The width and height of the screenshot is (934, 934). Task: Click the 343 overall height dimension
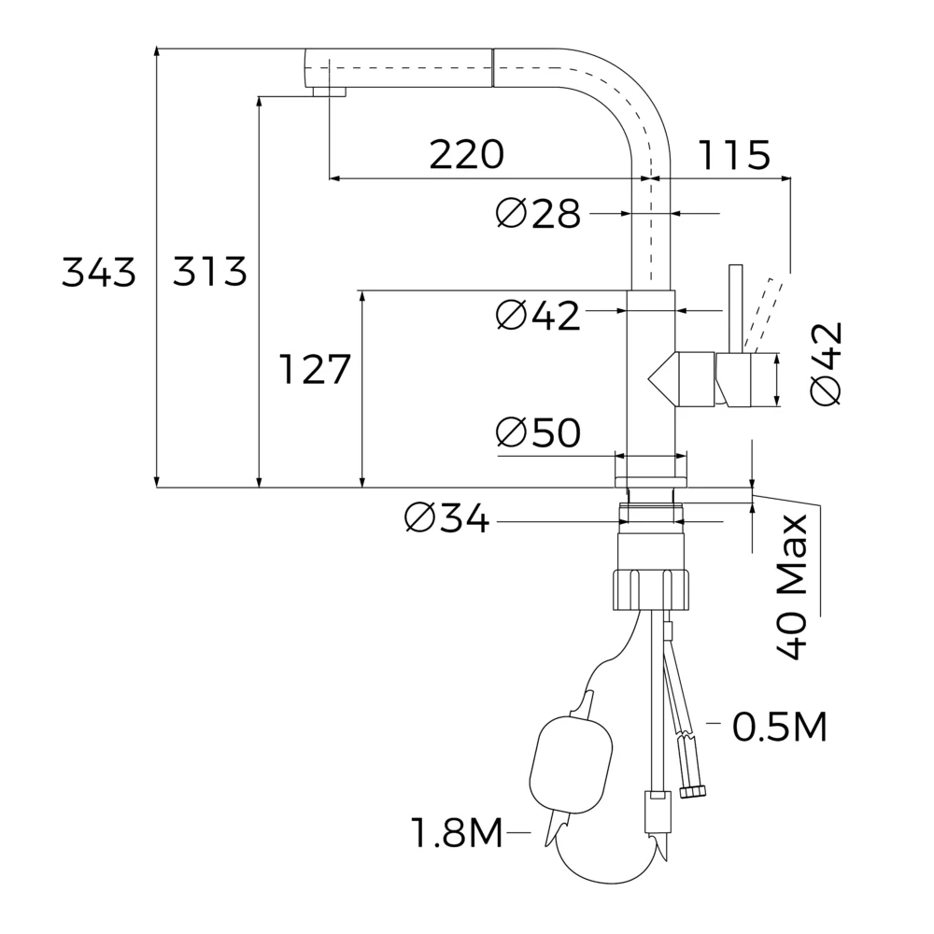pyautogui.click(x=99, y=272)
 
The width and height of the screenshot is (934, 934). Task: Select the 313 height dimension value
pyautogui.click(x=209, y=272)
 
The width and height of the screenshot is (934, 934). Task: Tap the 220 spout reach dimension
pyautogui.click(x=466, y=154)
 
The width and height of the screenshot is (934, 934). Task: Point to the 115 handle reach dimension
pyautogui.click(x=734, y=154)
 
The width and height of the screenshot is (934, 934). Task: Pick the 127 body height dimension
pyautogui.click(x=315, y=369)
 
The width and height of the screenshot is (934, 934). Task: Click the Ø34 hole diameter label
pyautogui.click(x=446, y=517)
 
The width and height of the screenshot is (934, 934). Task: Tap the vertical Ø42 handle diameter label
pyautogui.click(x=827, y=363)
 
